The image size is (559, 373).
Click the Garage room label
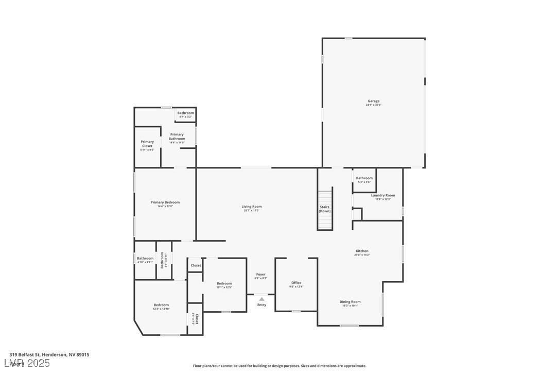click(373, 101)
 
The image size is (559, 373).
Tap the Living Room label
click(252, 207)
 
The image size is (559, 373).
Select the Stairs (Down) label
click(325, 209)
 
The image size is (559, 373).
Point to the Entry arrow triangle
click(261, 299)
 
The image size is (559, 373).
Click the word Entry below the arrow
click(261, 304)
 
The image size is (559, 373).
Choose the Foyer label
click(260, 274)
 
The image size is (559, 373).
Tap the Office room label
click(296, 282)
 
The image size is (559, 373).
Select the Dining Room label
click(350, 301)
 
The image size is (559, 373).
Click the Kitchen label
click(362, 251)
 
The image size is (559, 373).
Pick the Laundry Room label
click(383, 195)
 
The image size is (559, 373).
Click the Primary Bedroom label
click(165, 202)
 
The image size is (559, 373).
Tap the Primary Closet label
click(147, 144)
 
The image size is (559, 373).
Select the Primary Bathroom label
click(177, 137)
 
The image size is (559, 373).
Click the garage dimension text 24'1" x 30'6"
click(373, 105)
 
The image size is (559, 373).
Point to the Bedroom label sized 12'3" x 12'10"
click(161, 305)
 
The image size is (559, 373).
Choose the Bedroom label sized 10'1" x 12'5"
click(224, 283)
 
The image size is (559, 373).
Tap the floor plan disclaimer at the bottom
click(279, 366)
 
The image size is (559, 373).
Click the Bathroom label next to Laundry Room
click(364, 178)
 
